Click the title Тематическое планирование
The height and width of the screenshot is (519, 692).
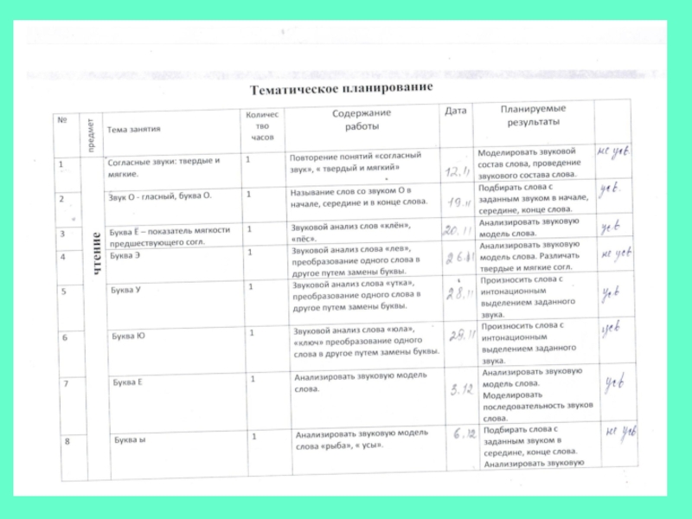(340, 88)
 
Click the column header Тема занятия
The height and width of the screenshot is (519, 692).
(134, 129)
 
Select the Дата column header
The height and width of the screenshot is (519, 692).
(456, 112)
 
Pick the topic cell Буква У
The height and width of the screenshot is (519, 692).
(126, 290)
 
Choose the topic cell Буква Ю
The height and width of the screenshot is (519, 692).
(128, 335)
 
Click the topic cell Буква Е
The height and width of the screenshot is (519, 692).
(128, 381)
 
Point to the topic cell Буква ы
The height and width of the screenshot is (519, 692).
(130, 440)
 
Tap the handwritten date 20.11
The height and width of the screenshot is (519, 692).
(456, 231)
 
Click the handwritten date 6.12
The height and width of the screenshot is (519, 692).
(463, 435)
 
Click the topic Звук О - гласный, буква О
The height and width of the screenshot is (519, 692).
(160, 195)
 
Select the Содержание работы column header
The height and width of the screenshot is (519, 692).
(362, 119)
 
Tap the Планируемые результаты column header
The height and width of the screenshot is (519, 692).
(534, 115)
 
